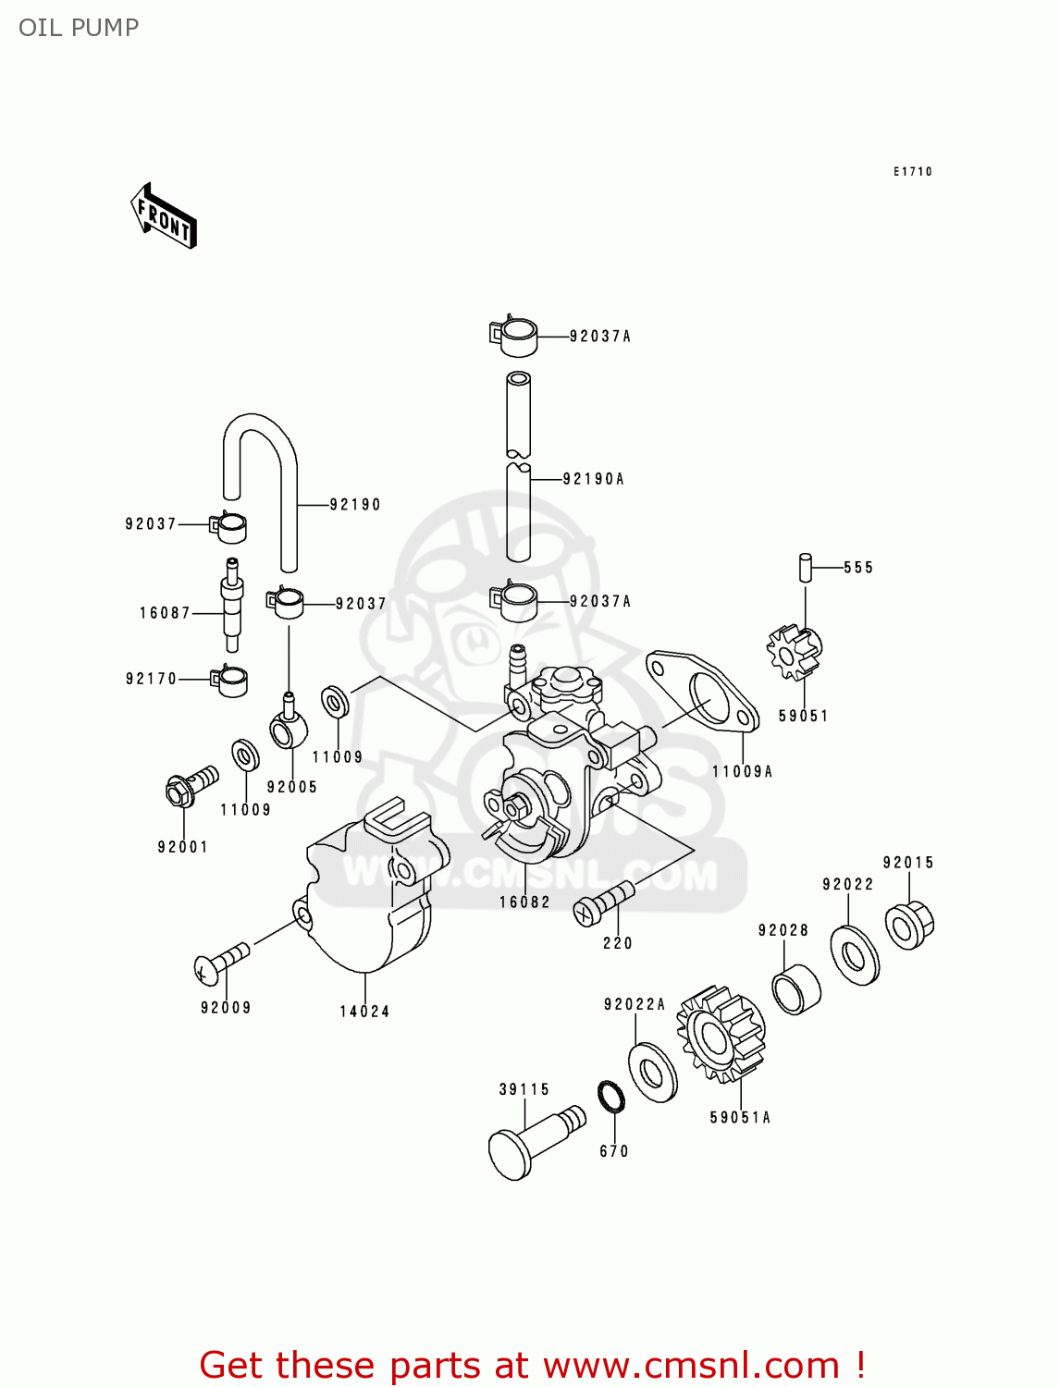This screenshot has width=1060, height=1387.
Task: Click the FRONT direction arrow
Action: point(164,216)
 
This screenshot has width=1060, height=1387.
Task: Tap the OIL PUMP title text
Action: point(79,28)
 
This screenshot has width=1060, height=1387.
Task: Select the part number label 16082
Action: point(524,902)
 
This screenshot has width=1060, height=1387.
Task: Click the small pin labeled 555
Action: point(806,567)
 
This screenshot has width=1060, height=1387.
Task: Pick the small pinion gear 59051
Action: point(795,651)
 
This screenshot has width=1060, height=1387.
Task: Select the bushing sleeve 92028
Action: point(796,988)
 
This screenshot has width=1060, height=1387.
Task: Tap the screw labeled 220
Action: point(604,902)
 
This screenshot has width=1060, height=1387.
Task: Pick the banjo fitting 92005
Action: point(288,727)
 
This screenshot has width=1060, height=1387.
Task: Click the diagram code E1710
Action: point(912,172)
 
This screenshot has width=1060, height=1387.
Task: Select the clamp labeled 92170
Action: point(229,681)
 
